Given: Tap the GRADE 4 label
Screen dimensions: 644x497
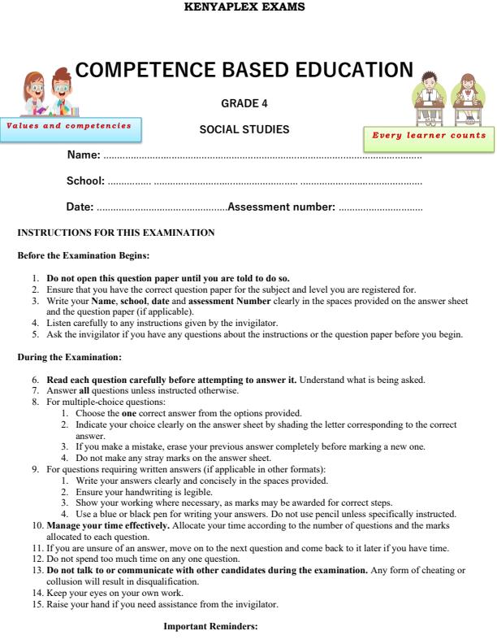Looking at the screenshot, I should click(x=244, y=103).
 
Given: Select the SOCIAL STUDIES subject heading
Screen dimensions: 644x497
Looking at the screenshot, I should click(x=244, y=130).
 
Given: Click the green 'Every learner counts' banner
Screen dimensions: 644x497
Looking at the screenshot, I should click(x=429, y=136).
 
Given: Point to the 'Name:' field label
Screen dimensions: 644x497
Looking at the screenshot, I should click(x=83, y=154).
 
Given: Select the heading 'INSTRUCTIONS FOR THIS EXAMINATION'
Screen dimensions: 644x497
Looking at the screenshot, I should click(x=116, y=233).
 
